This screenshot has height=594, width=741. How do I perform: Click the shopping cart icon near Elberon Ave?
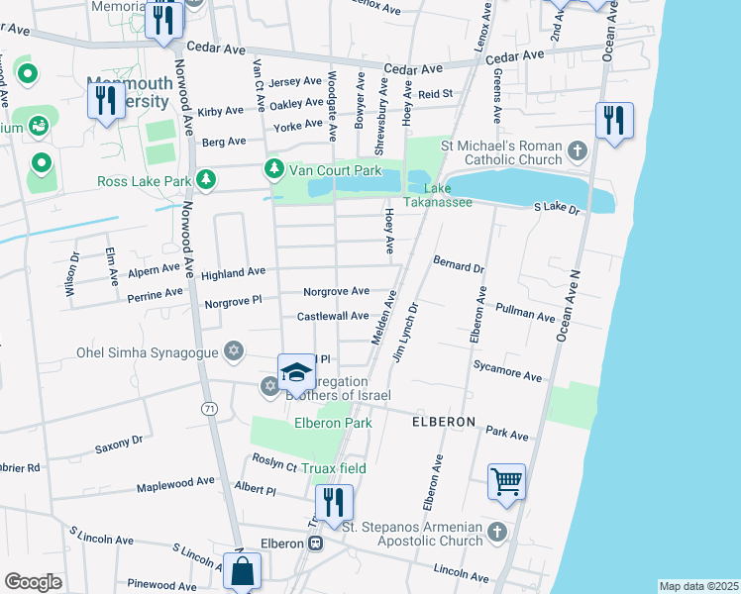[506, 483]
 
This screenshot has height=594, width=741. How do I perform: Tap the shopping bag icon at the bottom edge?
[242, 572]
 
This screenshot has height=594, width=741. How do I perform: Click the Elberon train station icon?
[315, 543]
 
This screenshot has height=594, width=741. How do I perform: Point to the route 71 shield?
[208, 408]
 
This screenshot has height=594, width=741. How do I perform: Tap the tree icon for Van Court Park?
[273, 170]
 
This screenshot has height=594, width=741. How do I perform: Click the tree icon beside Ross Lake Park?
[206, 180]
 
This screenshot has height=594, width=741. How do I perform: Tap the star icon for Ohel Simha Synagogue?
[234, 350]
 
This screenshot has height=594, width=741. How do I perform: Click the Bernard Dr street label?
[458, 264]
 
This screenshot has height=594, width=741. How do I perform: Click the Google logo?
[33, 581]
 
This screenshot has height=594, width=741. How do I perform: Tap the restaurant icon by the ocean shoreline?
[614, 122]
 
